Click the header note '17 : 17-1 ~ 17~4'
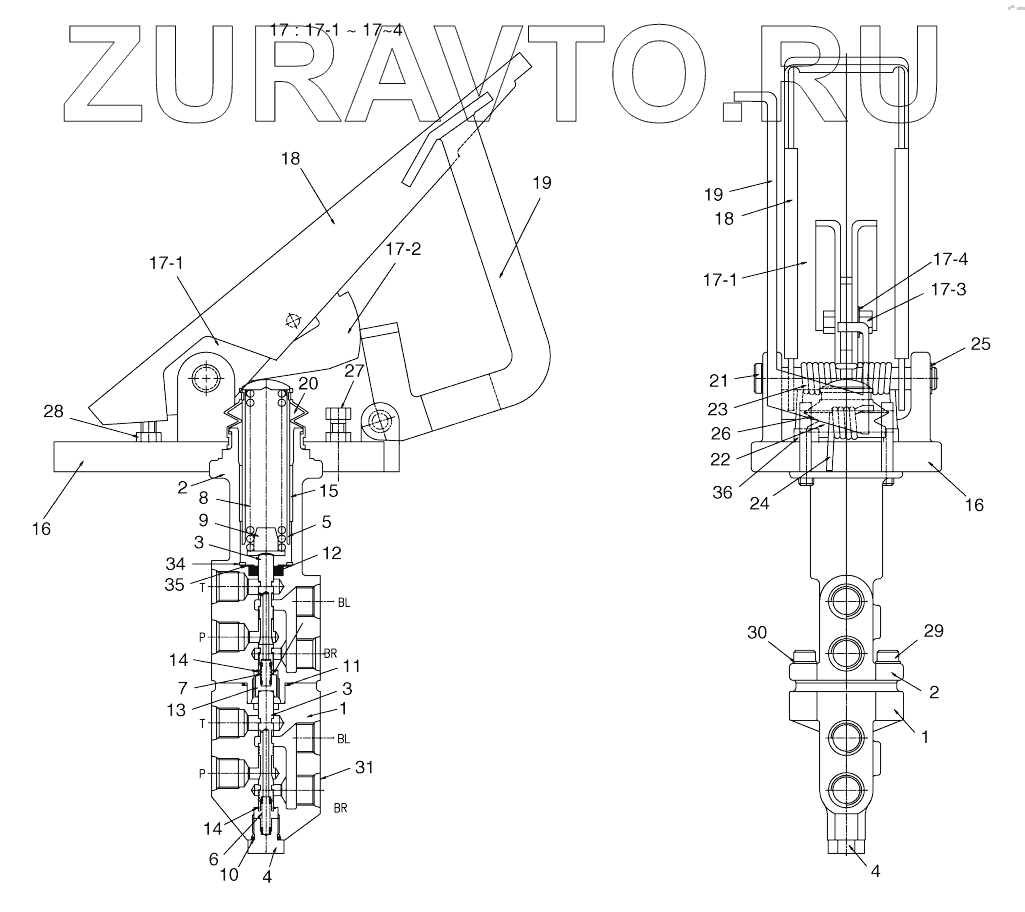(x=338, y=30)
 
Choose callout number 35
(x=174, y=585)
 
